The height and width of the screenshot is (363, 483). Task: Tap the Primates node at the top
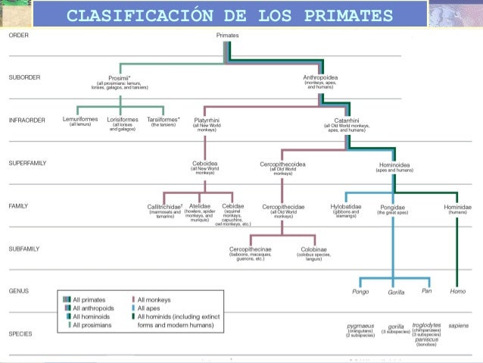[228, 36]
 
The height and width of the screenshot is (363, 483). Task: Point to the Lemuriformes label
[79, 119]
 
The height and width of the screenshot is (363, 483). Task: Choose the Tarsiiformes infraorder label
[163, 119]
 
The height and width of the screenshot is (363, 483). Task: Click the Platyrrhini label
[207, 119]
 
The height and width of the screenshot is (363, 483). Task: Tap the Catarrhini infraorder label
[347, 119]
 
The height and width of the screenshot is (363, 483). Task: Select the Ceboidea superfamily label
[205, 163]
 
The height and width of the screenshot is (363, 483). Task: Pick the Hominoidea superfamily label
[394, 163]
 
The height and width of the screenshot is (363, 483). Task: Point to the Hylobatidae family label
[345, 206]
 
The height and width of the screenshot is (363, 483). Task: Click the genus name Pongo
[360, 292]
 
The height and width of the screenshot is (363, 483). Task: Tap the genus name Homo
[458, 292]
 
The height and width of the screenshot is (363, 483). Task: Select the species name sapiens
[458, 325]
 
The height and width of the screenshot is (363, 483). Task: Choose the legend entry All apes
[150, 308]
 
